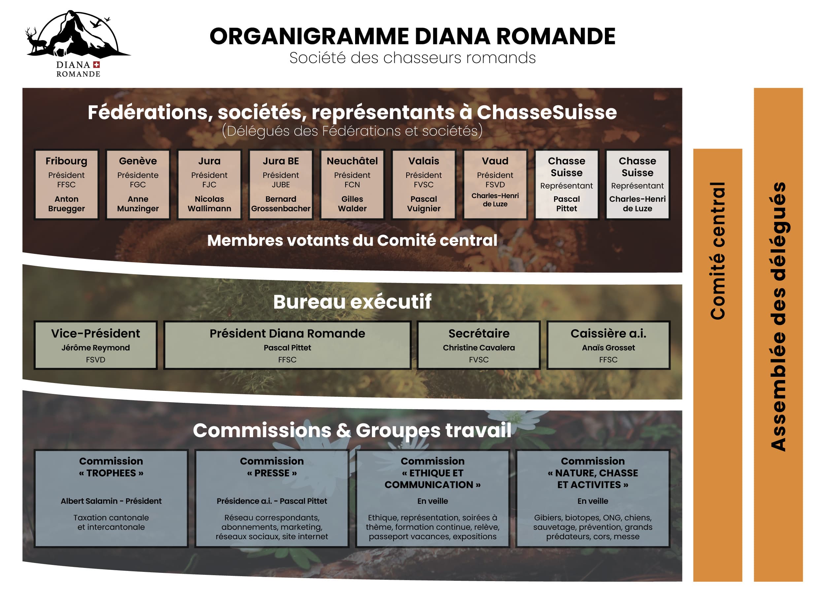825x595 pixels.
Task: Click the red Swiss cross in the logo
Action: point(96,65)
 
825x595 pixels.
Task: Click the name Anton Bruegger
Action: point(66,204)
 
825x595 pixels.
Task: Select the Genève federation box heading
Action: point(138,161)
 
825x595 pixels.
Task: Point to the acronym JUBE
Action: point(281,185)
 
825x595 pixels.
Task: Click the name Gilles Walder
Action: point(352,204)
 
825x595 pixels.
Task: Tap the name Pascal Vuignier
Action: point(424,204)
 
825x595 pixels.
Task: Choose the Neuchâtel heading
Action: point(352,161)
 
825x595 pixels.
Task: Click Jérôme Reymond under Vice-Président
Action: point(96,348)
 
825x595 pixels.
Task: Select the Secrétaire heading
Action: point(479,333)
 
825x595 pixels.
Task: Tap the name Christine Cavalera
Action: point(479,348)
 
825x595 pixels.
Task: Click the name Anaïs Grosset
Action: point(608,348)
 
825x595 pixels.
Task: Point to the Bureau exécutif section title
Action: point(352,302)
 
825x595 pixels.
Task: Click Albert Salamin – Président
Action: point(111,501)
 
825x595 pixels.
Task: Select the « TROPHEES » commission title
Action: point(111,473)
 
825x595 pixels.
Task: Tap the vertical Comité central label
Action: point(718,251)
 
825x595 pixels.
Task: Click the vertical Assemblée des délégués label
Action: point(778,317)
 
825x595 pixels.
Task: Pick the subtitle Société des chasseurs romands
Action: point(412,57)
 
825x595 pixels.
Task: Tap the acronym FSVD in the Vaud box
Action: point(495,185)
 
